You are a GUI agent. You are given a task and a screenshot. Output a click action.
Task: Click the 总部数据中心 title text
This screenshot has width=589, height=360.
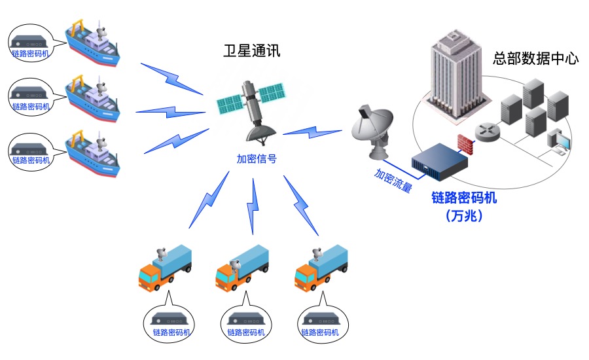tap(535, 58)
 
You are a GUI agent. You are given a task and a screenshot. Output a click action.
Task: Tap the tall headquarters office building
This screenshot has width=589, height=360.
tap(454, 79)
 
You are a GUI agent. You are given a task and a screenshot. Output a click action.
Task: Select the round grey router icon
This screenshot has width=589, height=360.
tap(488, 134)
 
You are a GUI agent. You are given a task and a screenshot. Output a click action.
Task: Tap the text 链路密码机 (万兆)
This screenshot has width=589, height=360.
tap(463, 206)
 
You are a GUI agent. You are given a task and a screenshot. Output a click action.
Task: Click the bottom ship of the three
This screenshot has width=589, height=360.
tap(94, 154)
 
